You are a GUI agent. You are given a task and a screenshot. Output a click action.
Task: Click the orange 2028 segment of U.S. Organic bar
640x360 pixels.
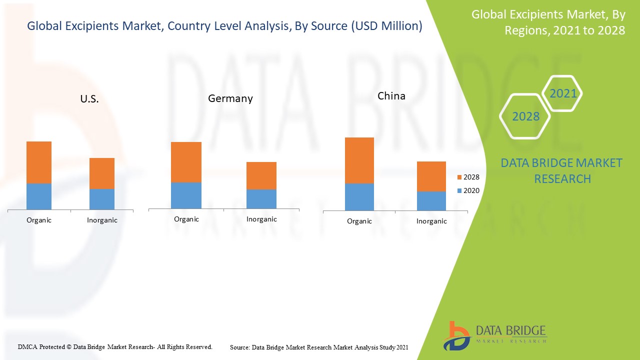(39, 162)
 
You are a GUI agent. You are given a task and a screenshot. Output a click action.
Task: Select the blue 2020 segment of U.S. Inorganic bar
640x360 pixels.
(102, 199)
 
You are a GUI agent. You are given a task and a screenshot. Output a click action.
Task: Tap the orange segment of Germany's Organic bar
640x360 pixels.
(186, 162)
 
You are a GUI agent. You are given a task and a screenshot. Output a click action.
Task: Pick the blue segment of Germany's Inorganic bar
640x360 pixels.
(261, 199)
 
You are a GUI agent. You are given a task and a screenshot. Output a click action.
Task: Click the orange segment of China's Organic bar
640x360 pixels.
(359, 160)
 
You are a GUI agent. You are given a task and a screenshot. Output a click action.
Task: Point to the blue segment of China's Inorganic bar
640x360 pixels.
(431, 201)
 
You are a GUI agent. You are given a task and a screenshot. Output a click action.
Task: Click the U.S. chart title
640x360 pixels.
(89, 99)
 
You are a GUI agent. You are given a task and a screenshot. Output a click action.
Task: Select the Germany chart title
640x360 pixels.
(230, 98)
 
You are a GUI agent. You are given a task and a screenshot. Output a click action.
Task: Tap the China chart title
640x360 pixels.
(391, 96)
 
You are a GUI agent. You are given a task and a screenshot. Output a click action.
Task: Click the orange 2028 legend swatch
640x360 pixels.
(459, 177)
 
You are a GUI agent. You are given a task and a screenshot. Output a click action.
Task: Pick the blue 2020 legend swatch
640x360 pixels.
(459, 190)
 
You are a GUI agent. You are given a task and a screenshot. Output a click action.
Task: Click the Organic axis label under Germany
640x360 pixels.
(186, 219)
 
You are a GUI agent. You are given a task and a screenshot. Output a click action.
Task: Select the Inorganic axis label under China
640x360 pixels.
(431, 221)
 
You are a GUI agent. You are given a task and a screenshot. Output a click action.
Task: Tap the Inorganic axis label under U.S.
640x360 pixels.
(102, 220)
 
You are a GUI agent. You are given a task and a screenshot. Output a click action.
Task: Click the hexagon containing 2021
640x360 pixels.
(563, 93)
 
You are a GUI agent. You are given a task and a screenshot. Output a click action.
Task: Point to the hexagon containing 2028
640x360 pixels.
(525, 116)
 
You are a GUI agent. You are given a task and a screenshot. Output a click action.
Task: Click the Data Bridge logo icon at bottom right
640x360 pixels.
(456, 335)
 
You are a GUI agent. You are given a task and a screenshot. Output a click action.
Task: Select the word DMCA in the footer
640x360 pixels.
(28, 346)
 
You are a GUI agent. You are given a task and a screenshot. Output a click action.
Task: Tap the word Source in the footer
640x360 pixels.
(239, 347)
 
